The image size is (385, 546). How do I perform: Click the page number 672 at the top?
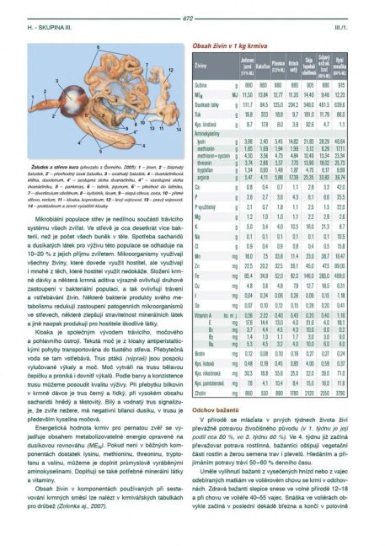point(193,7)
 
